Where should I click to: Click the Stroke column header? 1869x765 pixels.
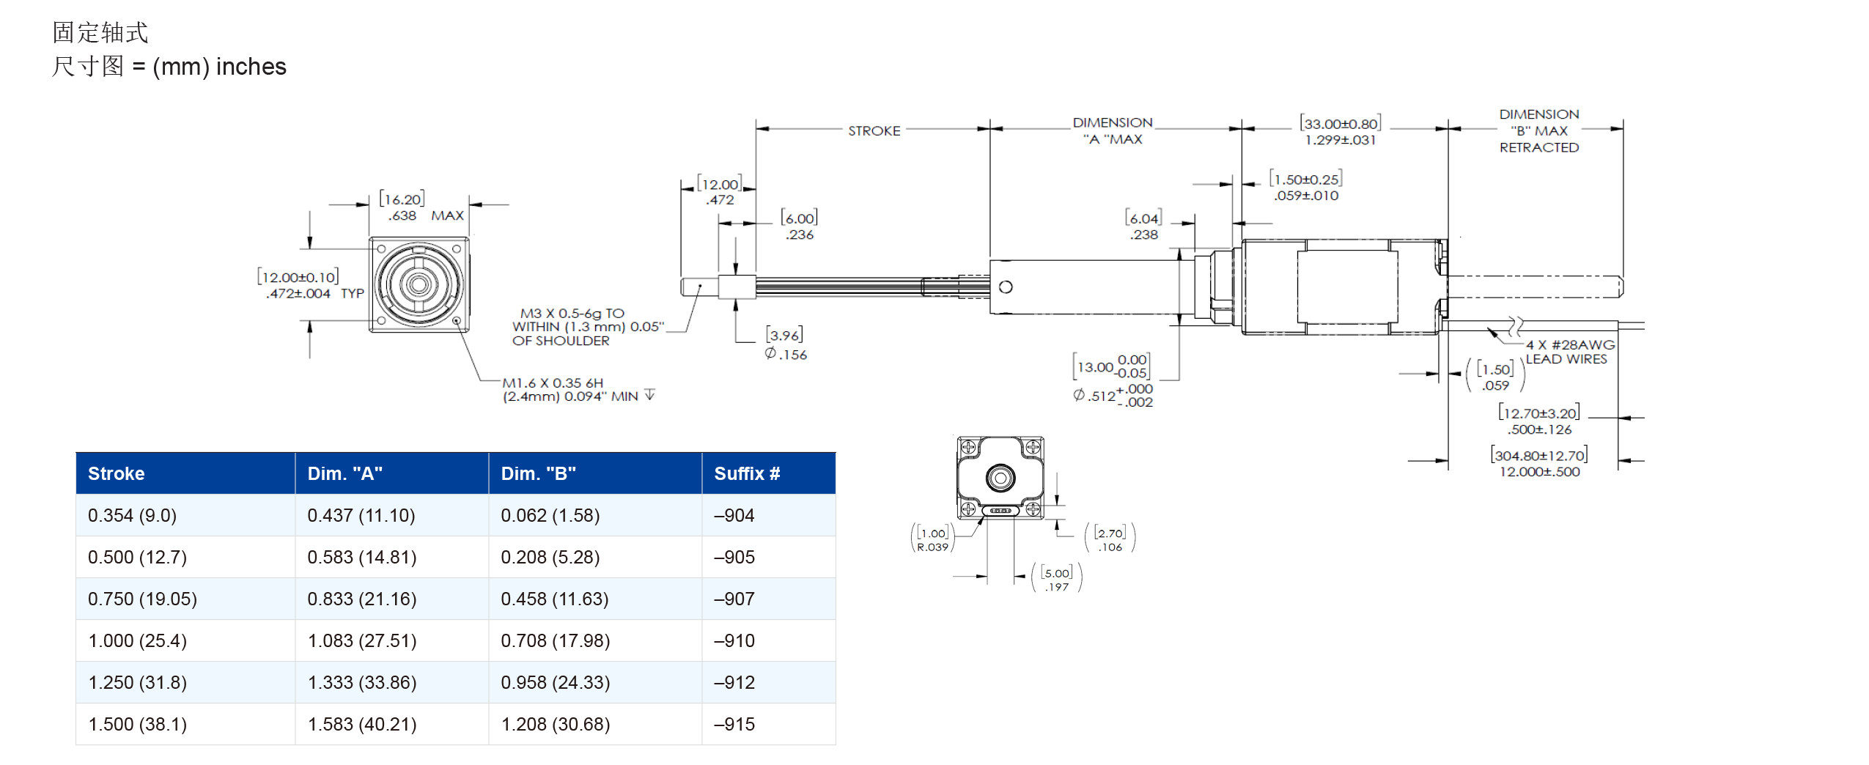pyautogui.click(x=116, y=473)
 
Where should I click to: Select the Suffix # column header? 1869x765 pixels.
pyautogui.click(x=746, y=473)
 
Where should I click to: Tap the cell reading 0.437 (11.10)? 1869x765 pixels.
pyautogui.click(x=361, y=515)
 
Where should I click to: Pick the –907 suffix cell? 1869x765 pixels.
pyautogui.click(x=734, y=599)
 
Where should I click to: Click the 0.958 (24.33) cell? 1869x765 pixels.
pyautogui.click(x=555, y=682)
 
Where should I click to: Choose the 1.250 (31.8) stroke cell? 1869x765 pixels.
pyautogui.click(x=137, y=682)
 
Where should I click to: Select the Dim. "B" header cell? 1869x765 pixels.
pyautogui.click(x=538, y=473)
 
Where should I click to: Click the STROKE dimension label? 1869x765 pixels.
pyautogui.click(x=874, y=130)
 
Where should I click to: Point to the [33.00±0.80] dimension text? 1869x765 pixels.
pyautogui.click(x=1340, y=123)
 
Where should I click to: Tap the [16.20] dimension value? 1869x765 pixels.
pyautogui.click(x=402, y=199)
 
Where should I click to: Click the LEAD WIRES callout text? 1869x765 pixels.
pyautogui.click(x=1566, y=359)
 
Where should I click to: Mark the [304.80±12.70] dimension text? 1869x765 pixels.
pyautogui.click(x=1538, y=455)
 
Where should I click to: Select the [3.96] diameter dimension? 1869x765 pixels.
pyautogui.click(x=784, y=335)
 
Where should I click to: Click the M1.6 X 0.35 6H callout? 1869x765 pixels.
pyautogui.click(x=553, y=382)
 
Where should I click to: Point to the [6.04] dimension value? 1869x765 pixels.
pyautogui.click(x=1143, y=218)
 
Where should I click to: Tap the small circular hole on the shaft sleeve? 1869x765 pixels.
pyautogui.click(x=1006, y=287)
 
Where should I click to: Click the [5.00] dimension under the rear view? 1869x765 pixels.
pyautogui.click(x=1056, y=572)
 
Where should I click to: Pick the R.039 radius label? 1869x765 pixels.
pyautogui.click(x=932, y=547)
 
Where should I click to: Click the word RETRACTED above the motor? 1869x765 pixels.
pyautogui.click(x=1538, y=147)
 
